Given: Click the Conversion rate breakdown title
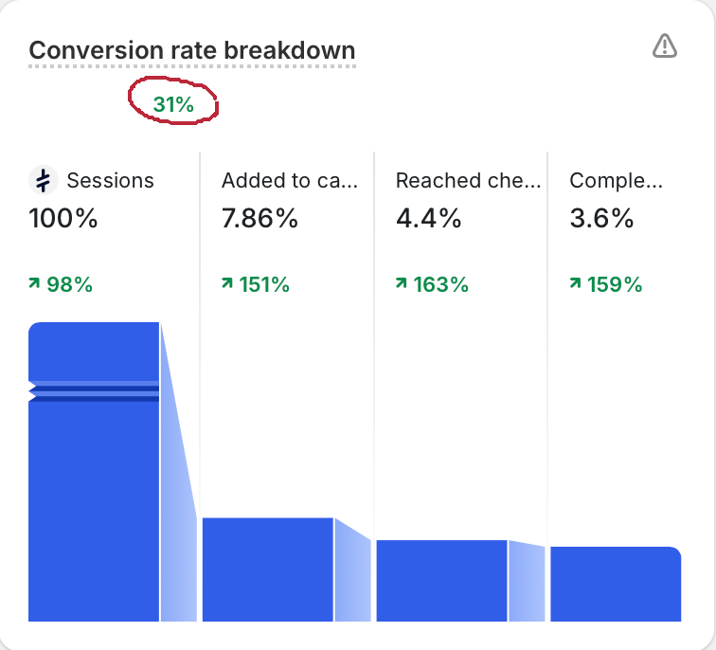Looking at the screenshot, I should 191,50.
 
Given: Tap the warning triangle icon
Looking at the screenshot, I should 665,45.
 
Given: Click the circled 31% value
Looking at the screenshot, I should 173,105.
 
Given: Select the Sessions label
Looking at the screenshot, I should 110,180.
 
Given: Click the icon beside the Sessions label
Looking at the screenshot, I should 43,180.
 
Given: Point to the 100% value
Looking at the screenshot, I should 63,219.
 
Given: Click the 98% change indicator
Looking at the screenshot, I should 62,283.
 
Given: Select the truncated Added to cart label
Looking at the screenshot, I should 289,180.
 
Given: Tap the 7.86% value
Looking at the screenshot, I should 260,219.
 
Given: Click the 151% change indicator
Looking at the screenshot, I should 256,283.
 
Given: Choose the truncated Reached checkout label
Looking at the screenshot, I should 468,180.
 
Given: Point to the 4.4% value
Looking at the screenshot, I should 428,219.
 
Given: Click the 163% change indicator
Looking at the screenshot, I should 432,283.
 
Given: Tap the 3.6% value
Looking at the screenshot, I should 601,219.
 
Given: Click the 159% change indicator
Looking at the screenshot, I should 606,283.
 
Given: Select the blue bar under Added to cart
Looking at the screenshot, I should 267,569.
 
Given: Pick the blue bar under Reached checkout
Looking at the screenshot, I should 441,580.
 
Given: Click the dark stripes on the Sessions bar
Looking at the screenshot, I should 94,393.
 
